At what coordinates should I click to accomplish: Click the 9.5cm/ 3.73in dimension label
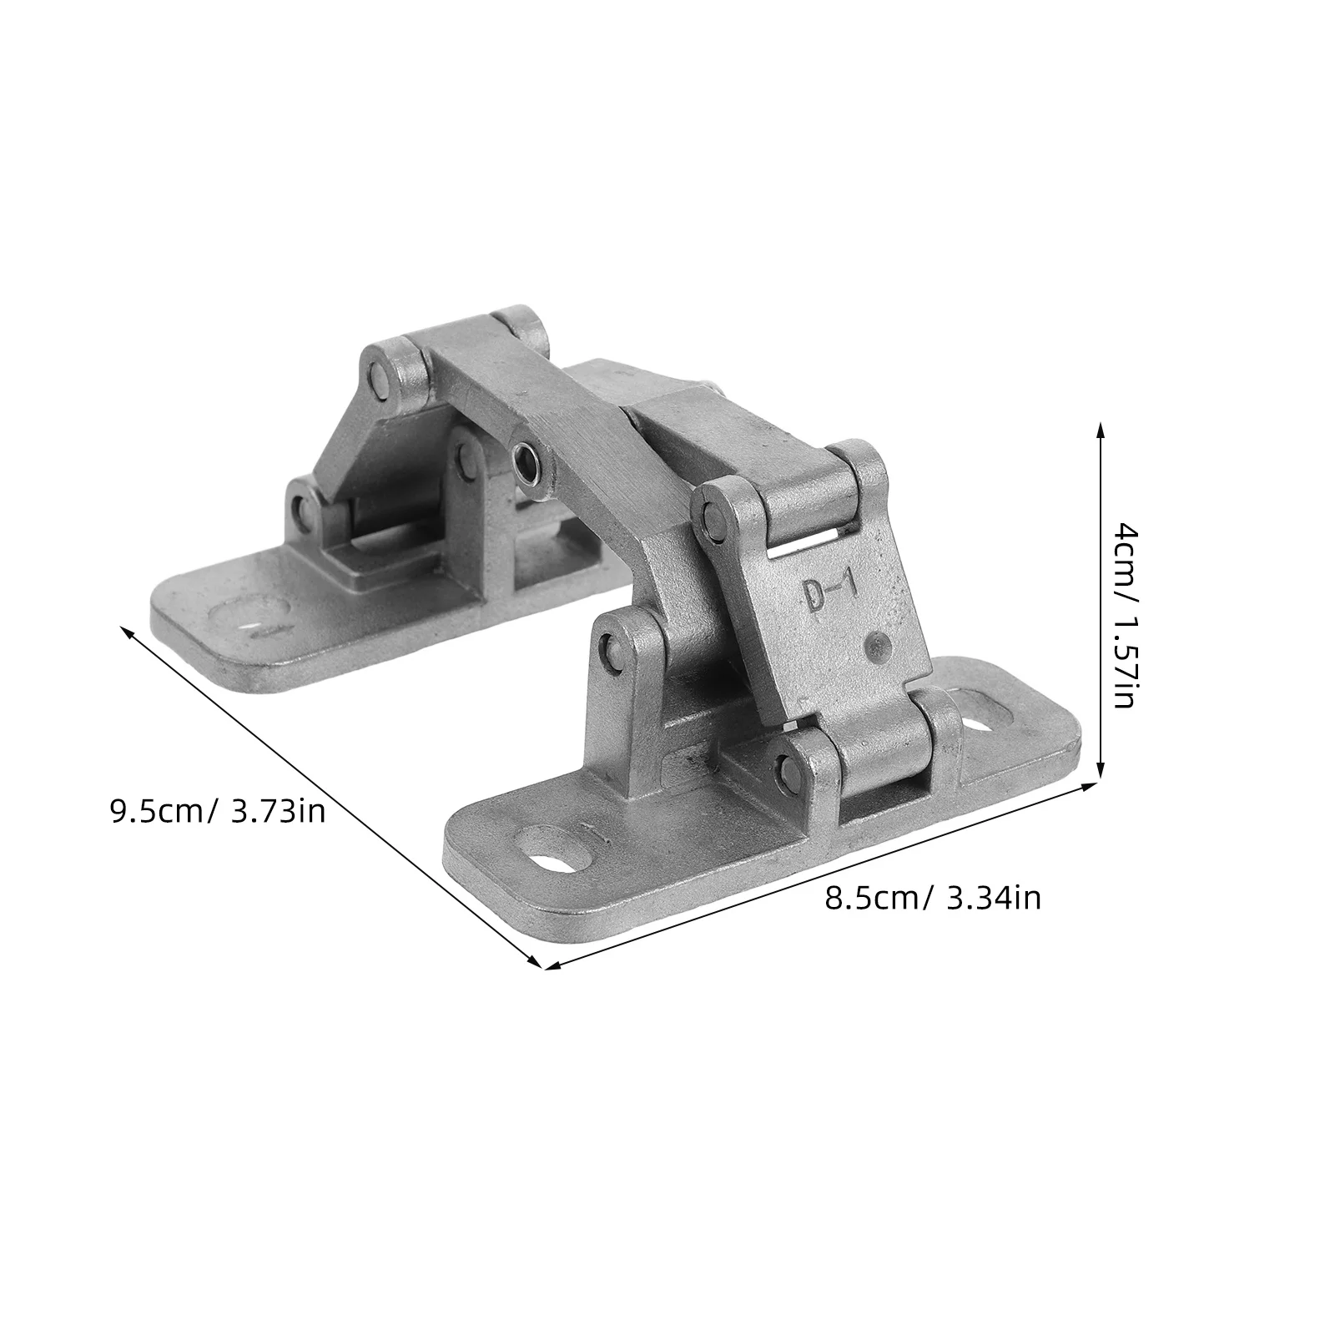coord(218,811)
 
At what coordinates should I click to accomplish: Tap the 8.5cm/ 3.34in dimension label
coord(933,899)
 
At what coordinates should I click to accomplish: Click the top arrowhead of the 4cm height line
coord(1100,427)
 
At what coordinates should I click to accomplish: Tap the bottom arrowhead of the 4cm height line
coord(1100,773)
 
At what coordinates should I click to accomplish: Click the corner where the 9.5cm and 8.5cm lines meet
coord(543,968)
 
